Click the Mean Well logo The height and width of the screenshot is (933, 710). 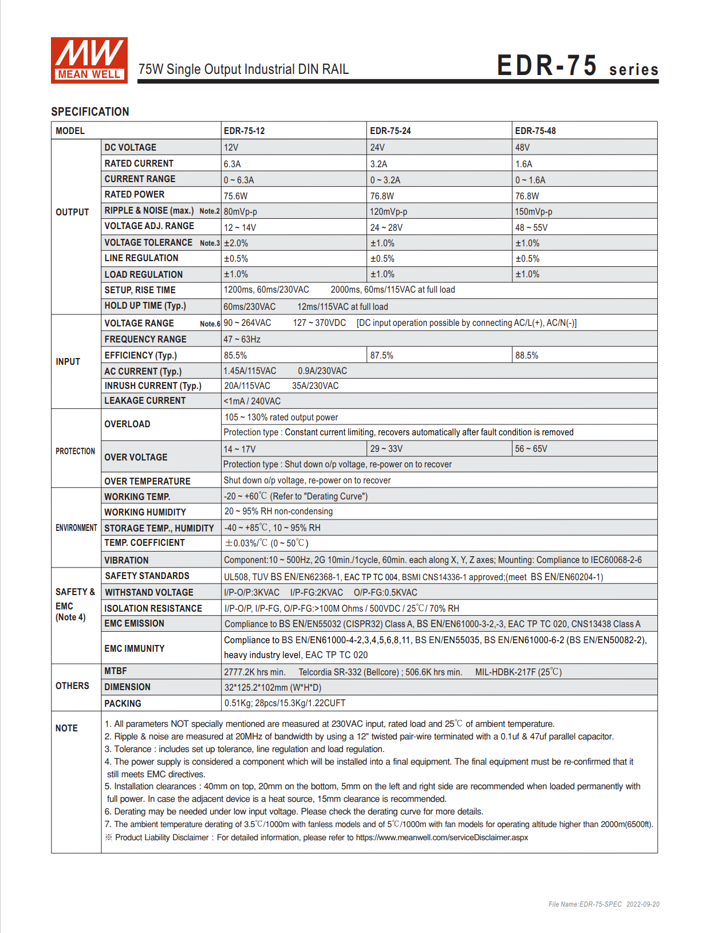click(89, 60)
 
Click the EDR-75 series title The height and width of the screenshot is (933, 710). click(577, 66)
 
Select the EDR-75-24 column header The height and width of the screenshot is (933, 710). click(390, 131)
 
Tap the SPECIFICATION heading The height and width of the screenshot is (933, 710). click(90, 112)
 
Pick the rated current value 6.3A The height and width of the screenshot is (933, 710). click(232, 164)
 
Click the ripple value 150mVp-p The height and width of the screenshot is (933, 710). click(533, 211)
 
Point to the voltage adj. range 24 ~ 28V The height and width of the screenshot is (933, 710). click(386, 227)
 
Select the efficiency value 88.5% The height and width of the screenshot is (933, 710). click(526, 355)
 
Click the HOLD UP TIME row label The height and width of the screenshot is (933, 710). click(145, 306)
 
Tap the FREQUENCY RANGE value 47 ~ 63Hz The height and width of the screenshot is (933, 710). click(242, 339)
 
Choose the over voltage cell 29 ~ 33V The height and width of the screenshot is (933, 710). click(386, 448)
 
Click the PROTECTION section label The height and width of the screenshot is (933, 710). click(75, 451)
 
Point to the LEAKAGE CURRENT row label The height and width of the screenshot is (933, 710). click(145, 401)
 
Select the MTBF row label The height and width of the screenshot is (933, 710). click(115, 671)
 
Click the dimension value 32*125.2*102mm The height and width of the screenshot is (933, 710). click(273, 687)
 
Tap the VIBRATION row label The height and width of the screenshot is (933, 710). click(126, 560)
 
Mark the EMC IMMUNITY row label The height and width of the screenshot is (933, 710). click(134, 648)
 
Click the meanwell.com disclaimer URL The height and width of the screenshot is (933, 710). click(441, 837)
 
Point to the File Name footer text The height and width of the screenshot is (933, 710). click(603, 904)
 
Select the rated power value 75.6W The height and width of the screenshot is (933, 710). click(235, 196)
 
